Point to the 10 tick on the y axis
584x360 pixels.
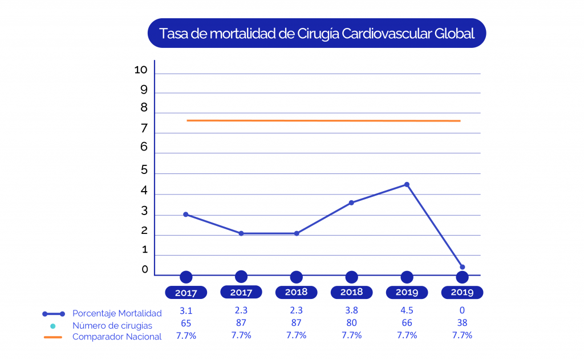tap(141, 70)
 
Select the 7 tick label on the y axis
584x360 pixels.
tap(144, 129)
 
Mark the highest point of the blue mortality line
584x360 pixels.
tap(407, 184)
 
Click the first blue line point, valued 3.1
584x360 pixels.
tap(186, 215)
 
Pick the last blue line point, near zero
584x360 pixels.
tap(462, 267)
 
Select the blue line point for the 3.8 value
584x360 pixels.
tap(351, 203)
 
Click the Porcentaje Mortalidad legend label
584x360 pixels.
tap(117, 313)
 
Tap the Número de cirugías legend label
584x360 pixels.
tap(112, 326)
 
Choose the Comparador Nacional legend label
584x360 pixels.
tap(117, 337)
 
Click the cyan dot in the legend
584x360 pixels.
tap(52, 326)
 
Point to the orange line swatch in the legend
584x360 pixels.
tap(53, 337)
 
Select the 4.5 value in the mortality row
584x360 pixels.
tap(407, 311)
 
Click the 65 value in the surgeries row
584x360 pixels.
tap(186, 323)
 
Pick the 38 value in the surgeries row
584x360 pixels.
tap(462, 323)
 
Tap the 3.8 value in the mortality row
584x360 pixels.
tap(351, 311)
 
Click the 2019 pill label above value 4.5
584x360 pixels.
tap(407, 293)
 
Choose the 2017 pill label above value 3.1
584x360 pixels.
tap(186, 293)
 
